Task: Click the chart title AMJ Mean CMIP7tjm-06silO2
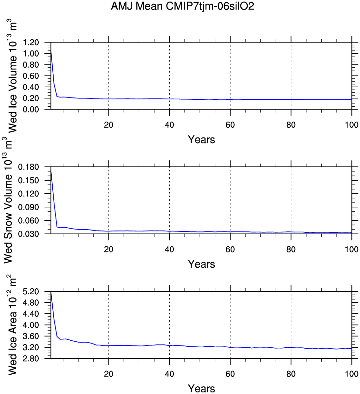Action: point(182,6)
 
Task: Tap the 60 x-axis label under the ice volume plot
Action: point(230,125)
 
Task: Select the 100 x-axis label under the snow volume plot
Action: point(351,249)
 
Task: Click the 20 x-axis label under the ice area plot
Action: point(108,374)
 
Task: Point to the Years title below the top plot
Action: point(201,140)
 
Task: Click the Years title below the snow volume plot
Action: point(201,264)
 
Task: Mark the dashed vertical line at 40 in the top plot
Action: point(169,73)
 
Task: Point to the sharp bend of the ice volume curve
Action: point(57,96)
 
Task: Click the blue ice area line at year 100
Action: point(351,349)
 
